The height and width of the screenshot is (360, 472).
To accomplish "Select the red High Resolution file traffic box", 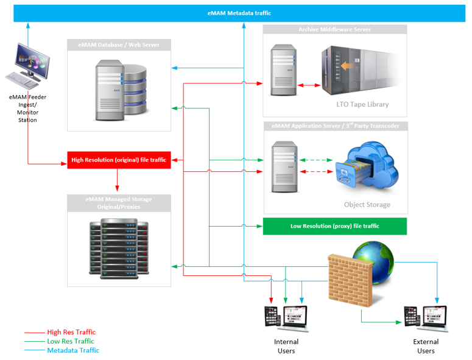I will coord(119,160).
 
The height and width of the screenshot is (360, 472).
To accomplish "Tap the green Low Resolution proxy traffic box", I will coord(334,226).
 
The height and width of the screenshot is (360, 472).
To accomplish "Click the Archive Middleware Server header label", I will coord(334,29).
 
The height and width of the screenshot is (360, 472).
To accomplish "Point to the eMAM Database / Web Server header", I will coord(119,44).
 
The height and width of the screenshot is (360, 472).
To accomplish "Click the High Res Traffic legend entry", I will coord(70,333).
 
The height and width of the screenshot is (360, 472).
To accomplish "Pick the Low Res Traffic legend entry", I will coord(70,341).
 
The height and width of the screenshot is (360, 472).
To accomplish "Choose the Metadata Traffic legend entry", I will coord(72,350).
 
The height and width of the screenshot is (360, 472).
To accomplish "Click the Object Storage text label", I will coord(367,205).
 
